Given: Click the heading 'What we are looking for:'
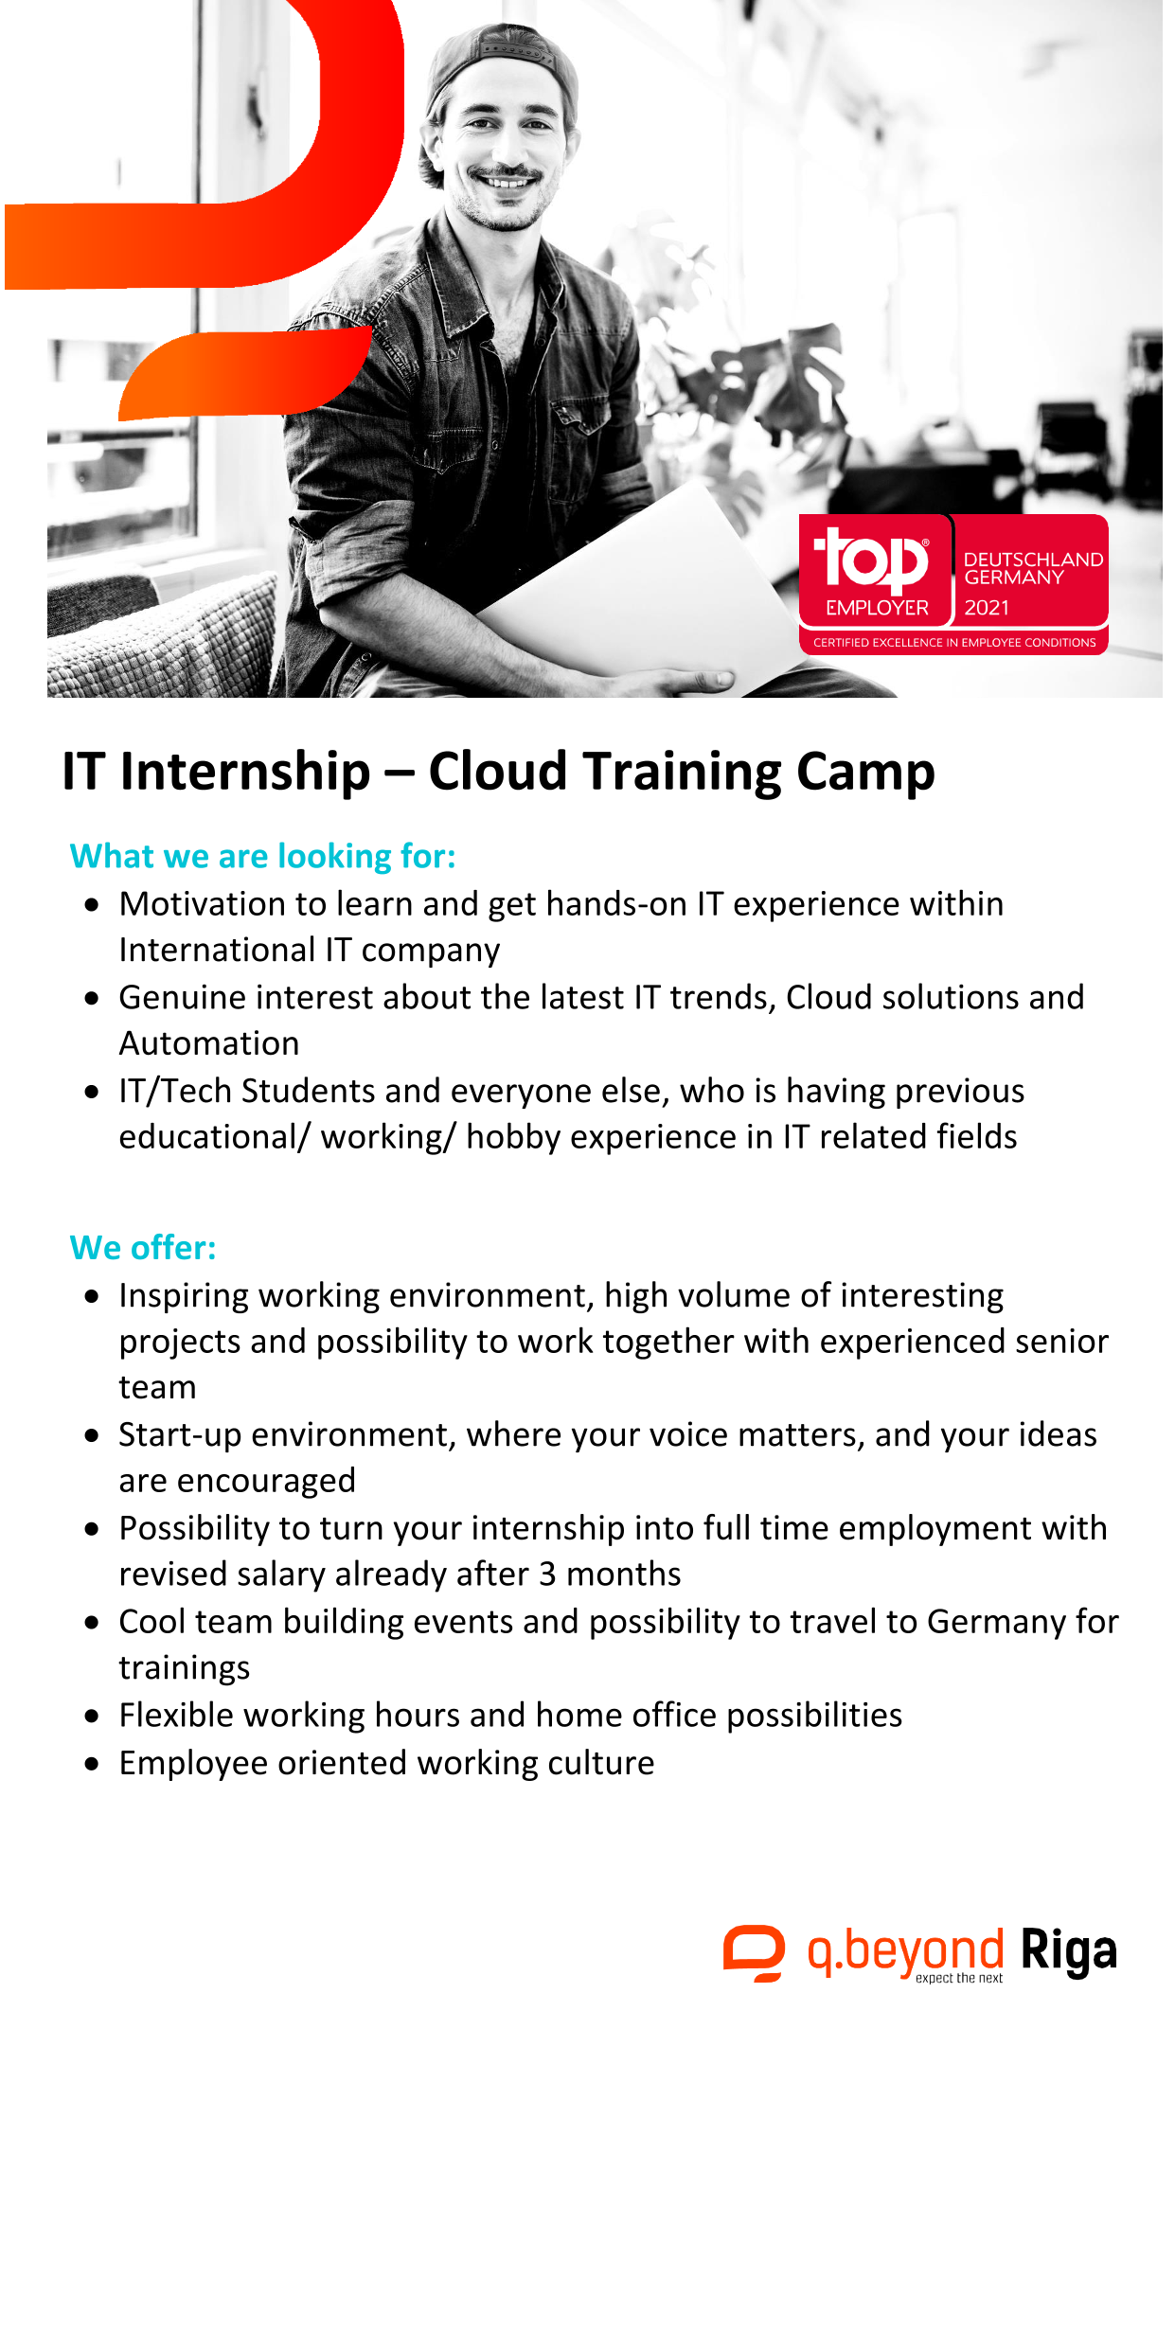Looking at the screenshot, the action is tap(262, 856).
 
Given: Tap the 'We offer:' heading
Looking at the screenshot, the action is tap(143, 1248).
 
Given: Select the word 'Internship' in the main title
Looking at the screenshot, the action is tap(245, 773).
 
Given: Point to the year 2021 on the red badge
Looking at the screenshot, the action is tap(987, 608).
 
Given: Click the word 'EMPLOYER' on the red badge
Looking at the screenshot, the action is tap(877, 608).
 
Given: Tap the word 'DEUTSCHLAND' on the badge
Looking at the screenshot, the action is tap(1033, 560).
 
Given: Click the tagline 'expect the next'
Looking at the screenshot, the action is tap(959, 1978).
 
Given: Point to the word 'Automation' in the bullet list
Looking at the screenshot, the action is tap(209, 1043).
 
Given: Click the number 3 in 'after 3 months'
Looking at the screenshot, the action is tap(547, 1574).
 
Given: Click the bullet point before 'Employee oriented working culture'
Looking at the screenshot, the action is tap(92, 1764).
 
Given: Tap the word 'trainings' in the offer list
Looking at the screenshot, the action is tap(185, 1668).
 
